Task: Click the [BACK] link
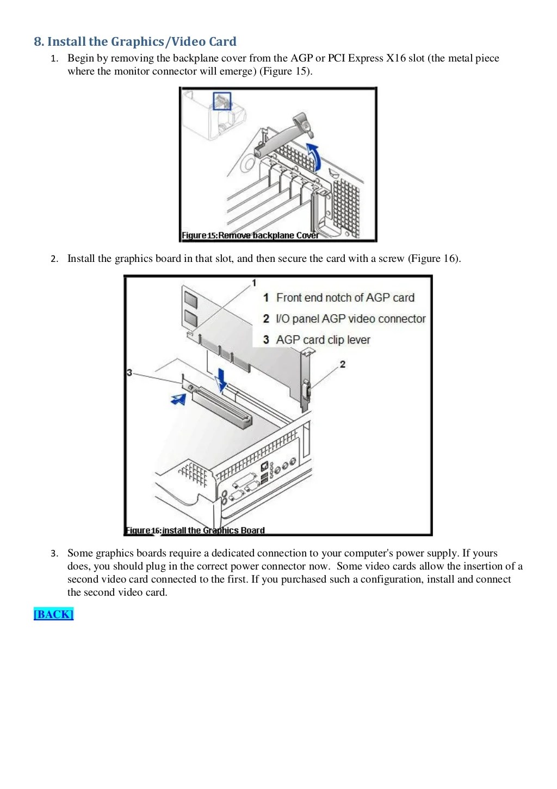[x=53, y=614]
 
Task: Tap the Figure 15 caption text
[x=250, y=235]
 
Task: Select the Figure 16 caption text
[x=195, y=530]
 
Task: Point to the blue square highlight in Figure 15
[x=222, y=101]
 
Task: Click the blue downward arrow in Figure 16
[x=221, y=379]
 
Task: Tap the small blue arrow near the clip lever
[x=178, y=399]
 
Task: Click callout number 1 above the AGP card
[x=253, y=283]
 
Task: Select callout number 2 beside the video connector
[x=342, y=364]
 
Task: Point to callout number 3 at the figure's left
[x=129, y=372]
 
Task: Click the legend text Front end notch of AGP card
[x=345, y=298]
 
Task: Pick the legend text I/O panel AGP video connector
[x=350, y=319]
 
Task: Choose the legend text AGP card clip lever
[x=323, y=340]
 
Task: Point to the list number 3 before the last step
[x=54, y=554]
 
